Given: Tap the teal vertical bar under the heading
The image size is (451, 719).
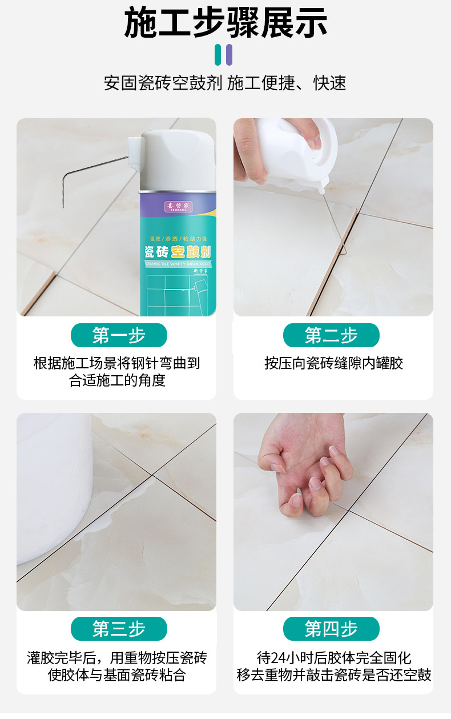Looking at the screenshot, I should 218,54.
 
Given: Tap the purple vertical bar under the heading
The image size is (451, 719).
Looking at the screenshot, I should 229,54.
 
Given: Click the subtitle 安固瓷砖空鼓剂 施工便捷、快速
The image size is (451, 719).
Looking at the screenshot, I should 226,83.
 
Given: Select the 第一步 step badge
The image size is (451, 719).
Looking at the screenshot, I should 119,335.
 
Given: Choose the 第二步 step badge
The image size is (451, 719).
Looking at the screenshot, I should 331,335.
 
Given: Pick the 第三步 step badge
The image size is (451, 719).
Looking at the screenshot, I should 119,629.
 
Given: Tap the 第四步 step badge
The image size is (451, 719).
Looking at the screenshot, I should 331,629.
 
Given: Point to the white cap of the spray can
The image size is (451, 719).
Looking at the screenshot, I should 177,160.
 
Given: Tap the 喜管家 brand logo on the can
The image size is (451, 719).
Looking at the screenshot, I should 177,205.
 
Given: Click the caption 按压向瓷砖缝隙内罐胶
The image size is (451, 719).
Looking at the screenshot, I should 333,364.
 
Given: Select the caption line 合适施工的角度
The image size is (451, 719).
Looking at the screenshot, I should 117,381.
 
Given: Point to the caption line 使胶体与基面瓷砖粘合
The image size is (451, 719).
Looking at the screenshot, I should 117,675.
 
